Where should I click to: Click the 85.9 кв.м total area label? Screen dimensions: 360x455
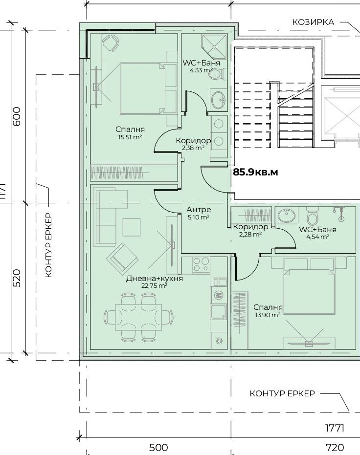click(x=255, y=172)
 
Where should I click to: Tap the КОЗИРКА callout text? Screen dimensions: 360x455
click(x=313, y=22)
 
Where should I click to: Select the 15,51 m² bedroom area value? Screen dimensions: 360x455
click(x=130, y=137)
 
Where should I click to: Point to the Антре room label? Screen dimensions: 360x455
click(x=199, y=210)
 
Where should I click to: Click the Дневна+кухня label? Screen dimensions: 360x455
click(x=155, y=279)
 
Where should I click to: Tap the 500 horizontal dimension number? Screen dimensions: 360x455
click(x=158, y=448)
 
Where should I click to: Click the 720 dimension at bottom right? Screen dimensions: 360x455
click(x=335, y=448)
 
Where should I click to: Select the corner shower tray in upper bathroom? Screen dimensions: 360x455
click(x=214, y=46)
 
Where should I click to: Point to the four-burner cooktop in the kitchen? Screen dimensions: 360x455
click(x=201, y=265)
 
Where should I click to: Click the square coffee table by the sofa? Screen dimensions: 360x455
click(x=132, y=227)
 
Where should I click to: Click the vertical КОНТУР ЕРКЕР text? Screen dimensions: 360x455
click(x=49, y=245)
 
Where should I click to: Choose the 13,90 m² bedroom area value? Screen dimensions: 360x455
click(x=268, y=315)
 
